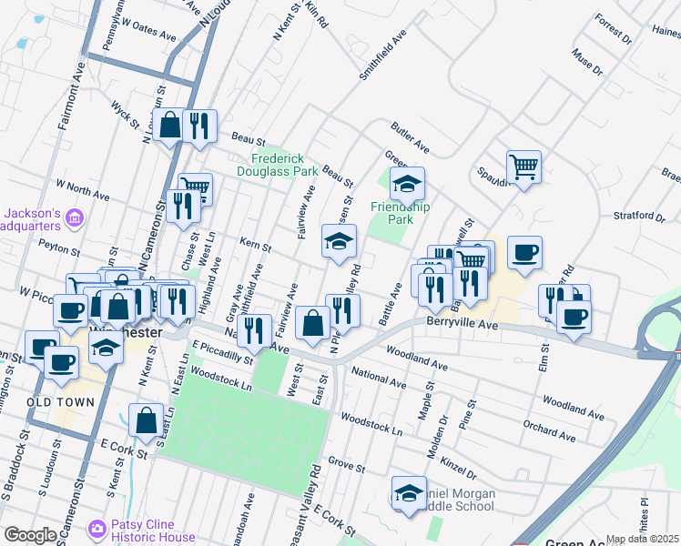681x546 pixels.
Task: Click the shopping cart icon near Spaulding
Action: coord(523,167)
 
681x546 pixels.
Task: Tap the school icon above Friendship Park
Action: coord(407,185)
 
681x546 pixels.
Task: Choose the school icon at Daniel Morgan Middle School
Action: coord(409,494)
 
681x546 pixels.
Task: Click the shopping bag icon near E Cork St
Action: coord(146,421)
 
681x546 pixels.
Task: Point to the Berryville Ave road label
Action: coord(460,323)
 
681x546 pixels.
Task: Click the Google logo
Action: coord(30,535)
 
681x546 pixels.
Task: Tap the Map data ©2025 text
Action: coord(642,539)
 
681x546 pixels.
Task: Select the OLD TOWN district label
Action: coord(60,401)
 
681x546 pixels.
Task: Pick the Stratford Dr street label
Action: coord(641,217)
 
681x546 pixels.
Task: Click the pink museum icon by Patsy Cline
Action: coord(98,528)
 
